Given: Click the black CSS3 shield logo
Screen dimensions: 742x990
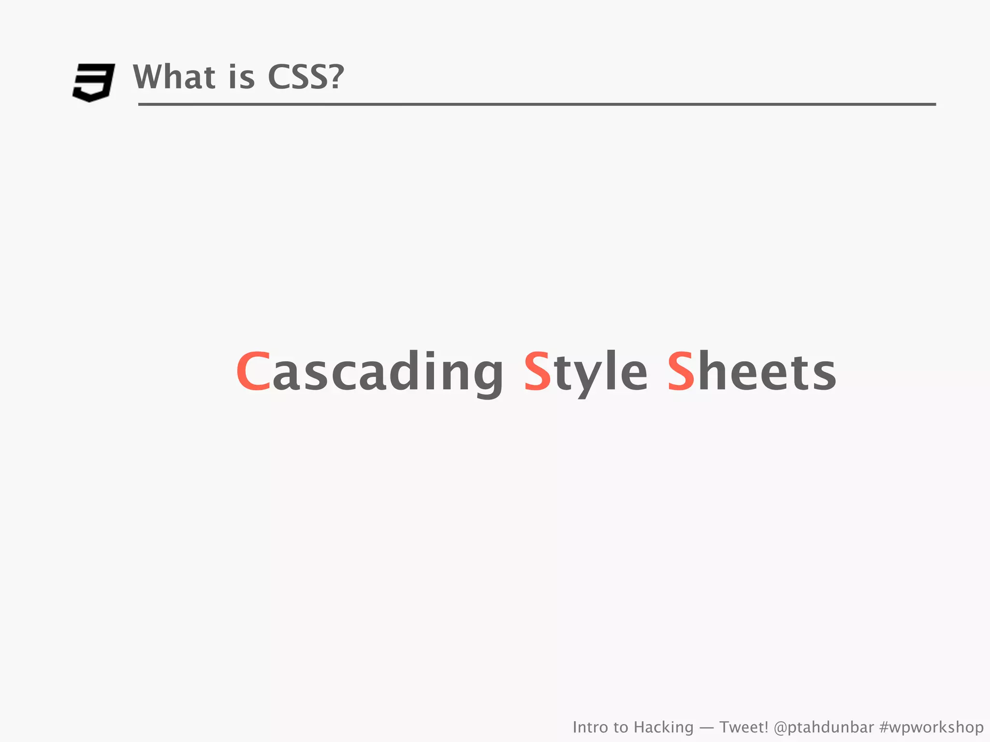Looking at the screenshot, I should click(93, 82).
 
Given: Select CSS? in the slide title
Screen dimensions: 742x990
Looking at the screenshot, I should click(306, 77).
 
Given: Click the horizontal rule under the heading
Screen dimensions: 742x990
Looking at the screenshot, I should click(537, 104).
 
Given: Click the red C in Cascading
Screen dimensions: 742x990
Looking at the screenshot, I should click(253, 371).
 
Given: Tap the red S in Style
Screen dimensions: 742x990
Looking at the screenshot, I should click(538, 371).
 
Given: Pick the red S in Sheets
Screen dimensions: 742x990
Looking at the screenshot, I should click(681, 371).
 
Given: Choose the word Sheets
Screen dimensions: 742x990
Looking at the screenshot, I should click(752, 371).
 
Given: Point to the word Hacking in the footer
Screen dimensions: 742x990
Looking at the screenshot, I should click(663, 727).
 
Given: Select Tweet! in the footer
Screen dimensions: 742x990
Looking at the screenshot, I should click(744, 727).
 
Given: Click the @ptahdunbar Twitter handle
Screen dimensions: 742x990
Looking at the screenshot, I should click(824, 727).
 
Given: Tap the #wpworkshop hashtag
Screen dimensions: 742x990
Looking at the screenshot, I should click(932, 727).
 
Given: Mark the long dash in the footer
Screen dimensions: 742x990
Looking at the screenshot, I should click(706, 728).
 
